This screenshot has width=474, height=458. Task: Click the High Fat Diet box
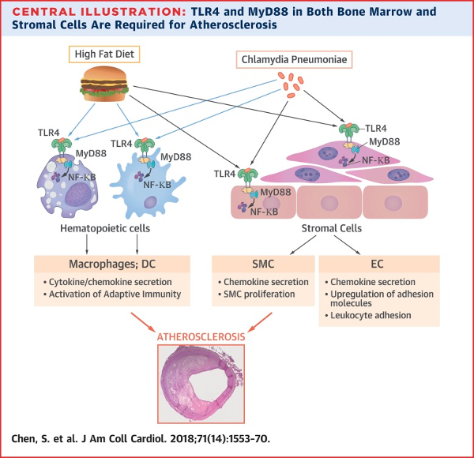[104, 54]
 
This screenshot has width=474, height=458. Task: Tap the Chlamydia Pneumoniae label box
[294, 59]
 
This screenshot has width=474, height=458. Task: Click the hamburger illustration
[104, 84]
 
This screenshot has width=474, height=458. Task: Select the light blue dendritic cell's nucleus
[150, 202]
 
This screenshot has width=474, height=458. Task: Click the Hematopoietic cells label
[105, 228]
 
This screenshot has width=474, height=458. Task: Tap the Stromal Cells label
[332, 228]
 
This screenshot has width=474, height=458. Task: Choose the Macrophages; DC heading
[112, 264]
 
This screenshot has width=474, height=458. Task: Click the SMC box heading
[263, 264]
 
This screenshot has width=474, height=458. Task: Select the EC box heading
[377, 264]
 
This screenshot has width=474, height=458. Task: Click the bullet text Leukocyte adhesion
[371, 315]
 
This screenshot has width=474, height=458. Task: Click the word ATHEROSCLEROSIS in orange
[201, 337]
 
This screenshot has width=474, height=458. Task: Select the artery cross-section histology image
[201, 384]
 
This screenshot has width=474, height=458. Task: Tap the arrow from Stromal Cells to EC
[347, 245]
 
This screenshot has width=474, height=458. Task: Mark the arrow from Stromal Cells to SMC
[303, 245]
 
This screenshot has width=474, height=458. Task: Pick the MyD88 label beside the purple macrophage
[91, 153]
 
